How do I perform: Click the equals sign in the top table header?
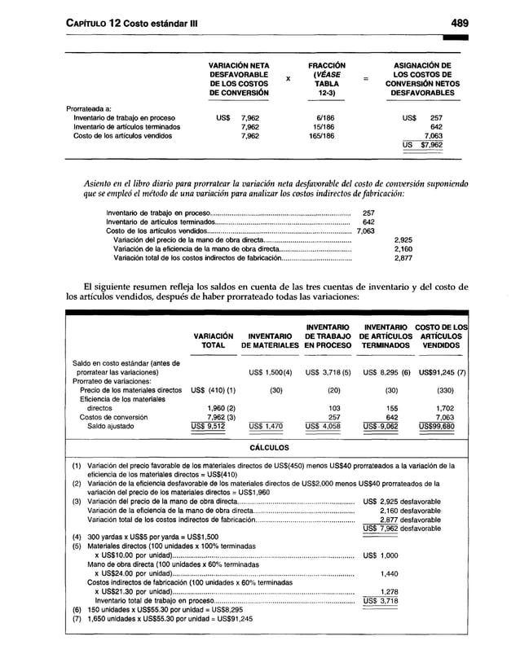[366, 79]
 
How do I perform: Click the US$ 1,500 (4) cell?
[263, 372]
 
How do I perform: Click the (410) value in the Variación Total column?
[203, 390]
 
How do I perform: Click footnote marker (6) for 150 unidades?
[77, 609]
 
